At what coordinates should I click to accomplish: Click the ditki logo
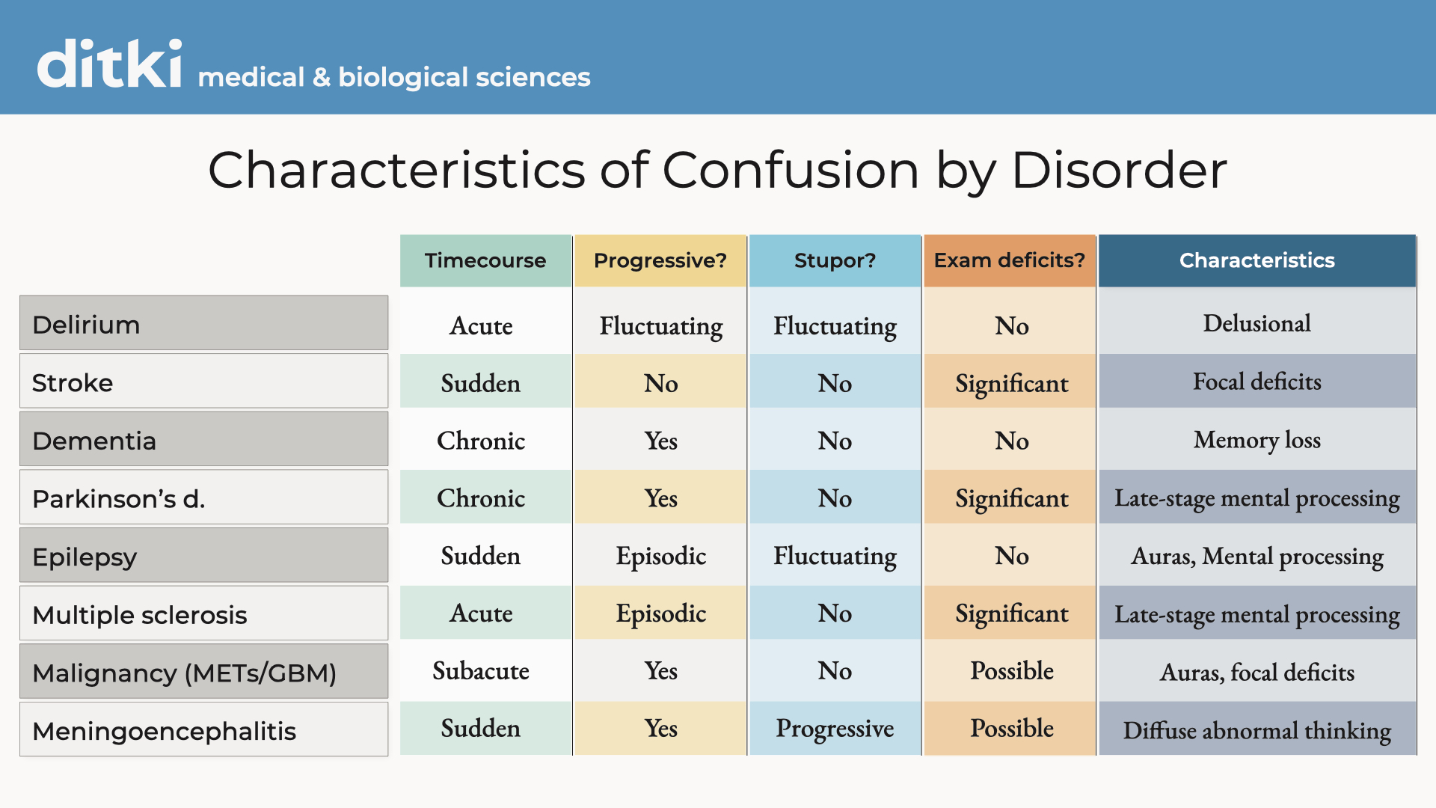109,64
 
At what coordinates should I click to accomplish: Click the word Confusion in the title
790,171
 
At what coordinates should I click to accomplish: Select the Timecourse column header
485,260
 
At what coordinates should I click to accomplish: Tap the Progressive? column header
660,260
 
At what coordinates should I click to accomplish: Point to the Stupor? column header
835,260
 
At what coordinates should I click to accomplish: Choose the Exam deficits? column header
1009,260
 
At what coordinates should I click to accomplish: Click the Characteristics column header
1256,260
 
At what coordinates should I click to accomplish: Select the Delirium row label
203,323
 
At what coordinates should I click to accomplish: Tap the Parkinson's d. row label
203,498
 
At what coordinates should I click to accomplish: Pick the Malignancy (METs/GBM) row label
203,672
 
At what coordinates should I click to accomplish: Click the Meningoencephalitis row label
203,729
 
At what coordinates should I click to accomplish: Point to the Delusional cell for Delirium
1256,323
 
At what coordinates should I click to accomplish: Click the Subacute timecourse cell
481,670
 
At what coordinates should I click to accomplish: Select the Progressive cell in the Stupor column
835,728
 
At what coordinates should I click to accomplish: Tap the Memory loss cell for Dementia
1256,440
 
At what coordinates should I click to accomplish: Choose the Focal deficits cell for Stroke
1256,382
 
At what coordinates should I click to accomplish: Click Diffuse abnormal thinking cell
1256,729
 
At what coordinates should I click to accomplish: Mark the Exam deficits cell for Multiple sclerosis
1011,613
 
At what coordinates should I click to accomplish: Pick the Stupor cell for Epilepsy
835,556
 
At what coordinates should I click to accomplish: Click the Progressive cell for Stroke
660,383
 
